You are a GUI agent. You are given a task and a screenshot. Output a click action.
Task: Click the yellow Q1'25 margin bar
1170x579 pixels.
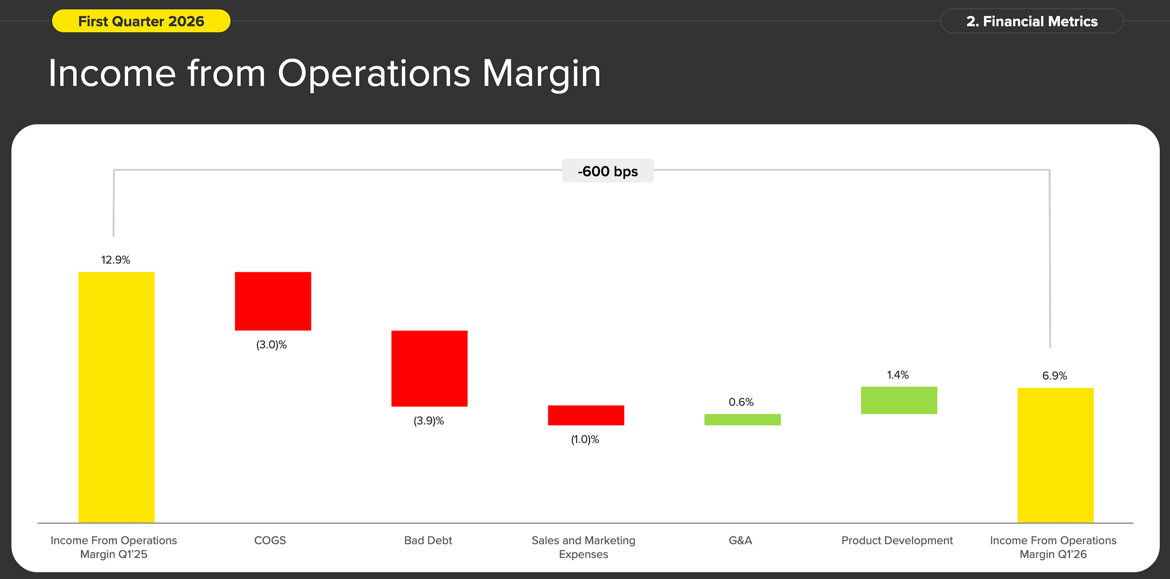117,397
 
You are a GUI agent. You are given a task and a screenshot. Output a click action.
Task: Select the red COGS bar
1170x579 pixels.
273,301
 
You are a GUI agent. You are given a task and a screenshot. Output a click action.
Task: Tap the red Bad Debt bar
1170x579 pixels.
429,368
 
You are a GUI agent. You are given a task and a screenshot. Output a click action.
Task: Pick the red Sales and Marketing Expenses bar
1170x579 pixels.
586,415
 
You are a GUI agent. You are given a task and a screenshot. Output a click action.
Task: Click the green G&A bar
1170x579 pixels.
742,420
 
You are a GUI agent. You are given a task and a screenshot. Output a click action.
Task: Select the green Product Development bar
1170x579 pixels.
899,400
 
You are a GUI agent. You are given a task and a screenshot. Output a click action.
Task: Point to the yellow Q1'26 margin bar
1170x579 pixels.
1055,455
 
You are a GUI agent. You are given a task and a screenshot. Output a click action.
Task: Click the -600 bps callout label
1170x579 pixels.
608,171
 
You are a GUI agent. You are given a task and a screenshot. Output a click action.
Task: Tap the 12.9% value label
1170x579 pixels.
116,260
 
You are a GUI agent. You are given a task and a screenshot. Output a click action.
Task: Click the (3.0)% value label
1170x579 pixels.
272,345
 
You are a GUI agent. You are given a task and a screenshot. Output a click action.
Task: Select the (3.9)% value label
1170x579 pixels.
429,421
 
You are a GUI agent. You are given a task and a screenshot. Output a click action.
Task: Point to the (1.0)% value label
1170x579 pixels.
585,440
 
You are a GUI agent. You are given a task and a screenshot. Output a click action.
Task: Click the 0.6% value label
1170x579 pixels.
741,402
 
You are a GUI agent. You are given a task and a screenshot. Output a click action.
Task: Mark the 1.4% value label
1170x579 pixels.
898,375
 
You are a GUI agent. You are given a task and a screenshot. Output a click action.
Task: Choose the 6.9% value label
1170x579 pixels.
1054,376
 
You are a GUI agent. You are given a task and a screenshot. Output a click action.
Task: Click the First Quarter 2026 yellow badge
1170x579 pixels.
141,21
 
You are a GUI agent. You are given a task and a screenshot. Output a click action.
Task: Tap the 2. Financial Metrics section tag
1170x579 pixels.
1032,21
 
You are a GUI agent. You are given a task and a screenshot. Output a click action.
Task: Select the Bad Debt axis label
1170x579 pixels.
428,540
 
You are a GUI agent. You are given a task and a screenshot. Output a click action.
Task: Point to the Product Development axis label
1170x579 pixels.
897,540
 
